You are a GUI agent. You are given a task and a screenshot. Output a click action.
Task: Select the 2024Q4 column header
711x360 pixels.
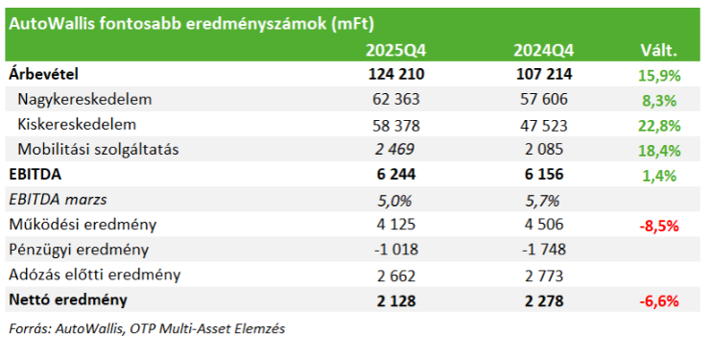point(542,51)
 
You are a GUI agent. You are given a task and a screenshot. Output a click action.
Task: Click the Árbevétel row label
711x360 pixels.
point(43,73)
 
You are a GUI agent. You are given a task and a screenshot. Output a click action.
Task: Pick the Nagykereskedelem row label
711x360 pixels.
point(84,99)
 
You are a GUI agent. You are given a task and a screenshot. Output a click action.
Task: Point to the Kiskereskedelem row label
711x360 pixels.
point(77,124)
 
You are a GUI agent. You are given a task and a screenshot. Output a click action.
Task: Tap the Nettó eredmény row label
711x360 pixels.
point(70,300)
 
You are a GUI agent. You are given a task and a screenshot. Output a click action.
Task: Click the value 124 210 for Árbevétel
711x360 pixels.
point(395,74)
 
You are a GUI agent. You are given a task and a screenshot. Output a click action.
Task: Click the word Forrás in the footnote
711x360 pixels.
point(29,329)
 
